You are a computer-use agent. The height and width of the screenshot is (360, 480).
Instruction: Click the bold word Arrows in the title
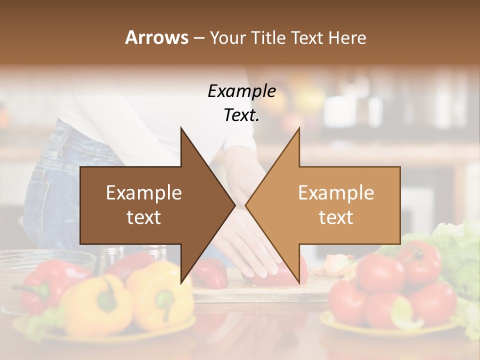tap(156, 37)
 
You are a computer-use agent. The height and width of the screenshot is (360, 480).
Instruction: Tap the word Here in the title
tap(347, 38)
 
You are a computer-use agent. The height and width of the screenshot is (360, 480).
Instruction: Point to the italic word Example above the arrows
tap(241, 91)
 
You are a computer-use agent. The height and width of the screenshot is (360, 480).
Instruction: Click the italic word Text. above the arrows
tap(241, 115)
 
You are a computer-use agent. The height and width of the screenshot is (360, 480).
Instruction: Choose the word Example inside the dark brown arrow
tap(144, 193)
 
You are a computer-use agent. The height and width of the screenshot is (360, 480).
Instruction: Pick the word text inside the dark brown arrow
tap(144, 217)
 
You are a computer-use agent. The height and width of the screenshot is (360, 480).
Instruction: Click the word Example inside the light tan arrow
tap(336, 193)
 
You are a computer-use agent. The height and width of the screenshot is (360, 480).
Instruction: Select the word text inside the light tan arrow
tap(336, 217)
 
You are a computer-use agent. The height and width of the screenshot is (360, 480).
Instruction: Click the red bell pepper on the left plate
tap(47, 285)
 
